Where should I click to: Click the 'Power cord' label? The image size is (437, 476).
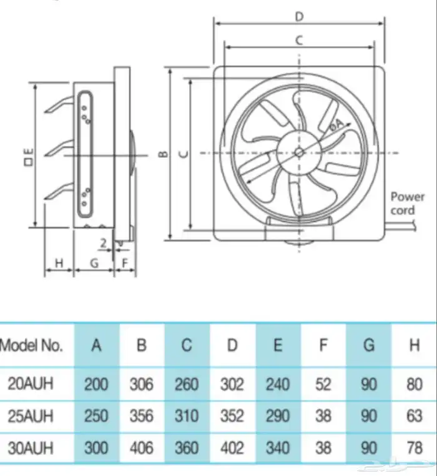406,204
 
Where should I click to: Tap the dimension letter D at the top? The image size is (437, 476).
299,15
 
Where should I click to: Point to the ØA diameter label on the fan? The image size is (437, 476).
336,126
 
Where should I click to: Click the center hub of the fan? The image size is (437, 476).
299,152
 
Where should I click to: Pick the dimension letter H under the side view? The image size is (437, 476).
59,264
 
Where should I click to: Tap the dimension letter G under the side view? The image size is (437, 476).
94,264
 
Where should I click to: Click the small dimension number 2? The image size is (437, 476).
102,242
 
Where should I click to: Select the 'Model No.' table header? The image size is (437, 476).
32,345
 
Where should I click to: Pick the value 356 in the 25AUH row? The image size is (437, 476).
141,416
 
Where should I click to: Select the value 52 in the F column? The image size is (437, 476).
323,384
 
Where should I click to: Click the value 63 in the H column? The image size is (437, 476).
414,416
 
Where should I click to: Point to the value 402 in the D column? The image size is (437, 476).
232,448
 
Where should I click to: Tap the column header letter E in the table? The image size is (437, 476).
278,345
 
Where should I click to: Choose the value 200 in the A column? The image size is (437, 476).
96,384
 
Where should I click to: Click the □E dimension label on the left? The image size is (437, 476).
27,155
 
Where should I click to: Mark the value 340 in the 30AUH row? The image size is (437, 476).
278,448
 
